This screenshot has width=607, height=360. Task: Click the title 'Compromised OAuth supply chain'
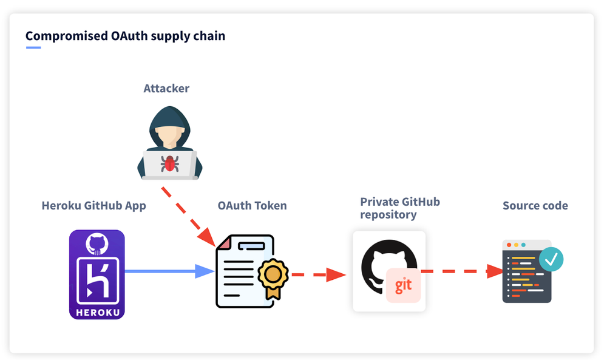point(125,36)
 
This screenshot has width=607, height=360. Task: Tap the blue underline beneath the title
point(33,47)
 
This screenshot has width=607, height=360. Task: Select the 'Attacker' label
point(166,89)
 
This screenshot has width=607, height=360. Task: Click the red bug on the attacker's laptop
point(169,162)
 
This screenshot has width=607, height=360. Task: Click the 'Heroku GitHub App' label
point(93,206)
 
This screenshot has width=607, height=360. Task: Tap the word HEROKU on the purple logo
point(97,313)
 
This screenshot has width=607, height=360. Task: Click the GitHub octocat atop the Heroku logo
point(97,244)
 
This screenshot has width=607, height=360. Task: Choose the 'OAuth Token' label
point(252,206)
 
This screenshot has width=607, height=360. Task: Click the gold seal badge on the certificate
point(273,276)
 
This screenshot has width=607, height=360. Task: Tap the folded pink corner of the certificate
point(224,243)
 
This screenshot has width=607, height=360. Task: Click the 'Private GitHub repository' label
point(399,208)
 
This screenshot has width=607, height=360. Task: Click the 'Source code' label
point(535,206)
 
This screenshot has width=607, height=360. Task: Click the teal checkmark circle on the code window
point(551,259)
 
